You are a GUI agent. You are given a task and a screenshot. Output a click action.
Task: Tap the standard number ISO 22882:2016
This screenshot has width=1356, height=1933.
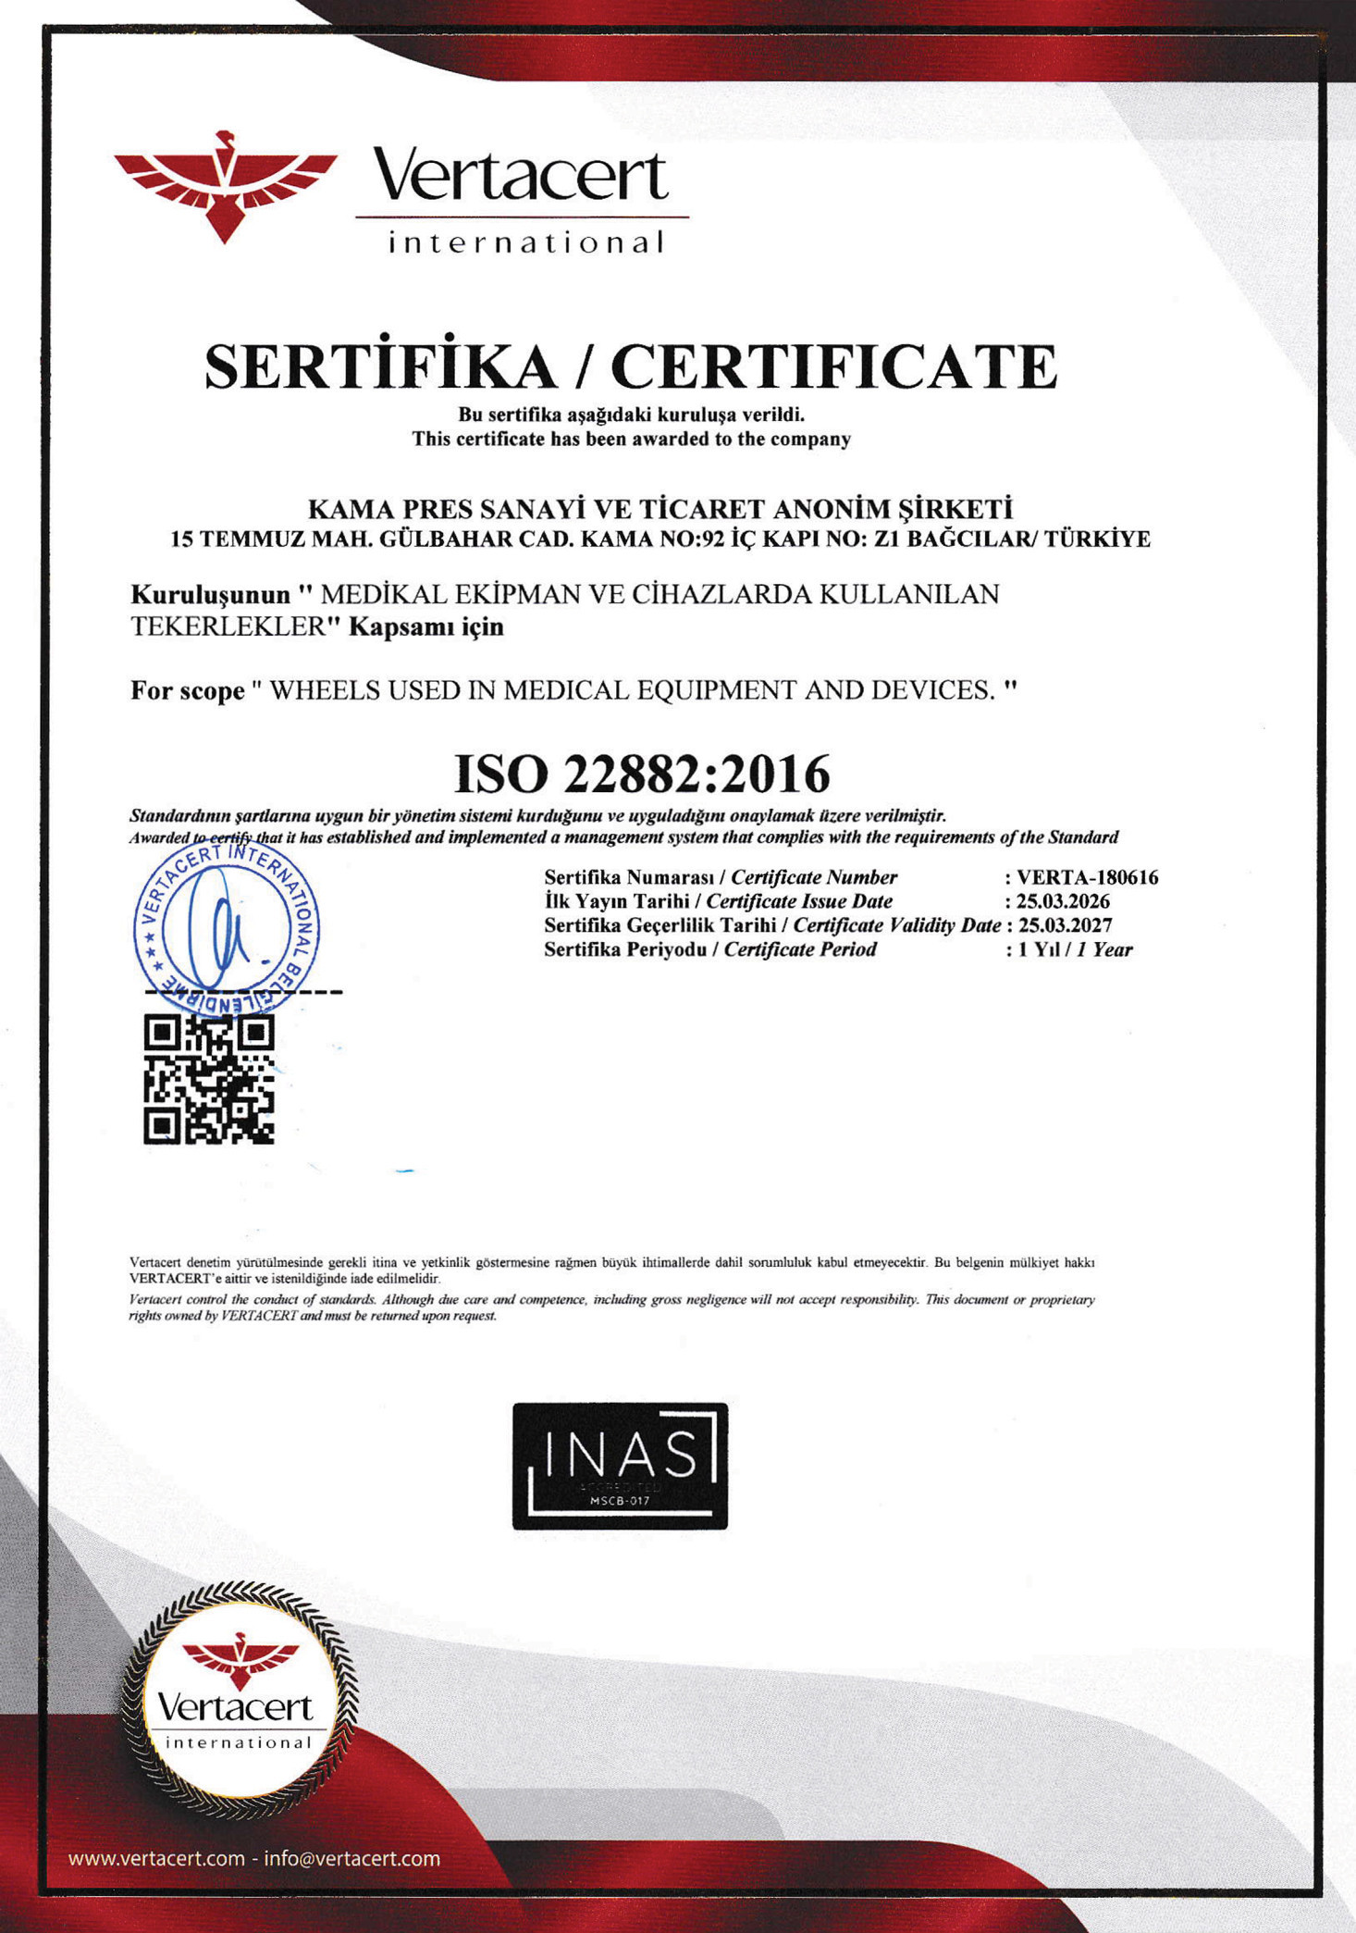[642, 774]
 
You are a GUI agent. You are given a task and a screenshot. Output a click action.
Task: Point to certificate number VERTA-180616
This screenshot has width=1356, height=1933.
[1087, 877]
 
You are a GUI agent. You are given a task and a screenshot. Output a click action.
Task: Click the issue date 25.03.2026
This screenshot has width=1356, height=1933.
[1063, 901]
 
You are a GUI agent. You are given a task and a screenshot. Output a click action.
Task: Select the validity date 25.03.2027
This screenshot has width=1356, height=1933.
[1065, 925]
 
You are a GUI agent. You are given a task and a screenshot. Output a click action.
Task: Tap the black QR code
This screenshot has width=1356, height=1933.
[209, 1079]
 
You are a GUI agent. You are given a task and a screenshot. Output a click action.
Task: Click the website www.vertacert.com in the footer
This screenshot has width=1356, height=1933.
[156, 1858]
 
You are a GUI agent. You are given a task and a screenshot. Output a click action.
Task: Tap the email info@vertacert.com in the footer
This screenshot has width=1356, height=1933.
[352, 1858]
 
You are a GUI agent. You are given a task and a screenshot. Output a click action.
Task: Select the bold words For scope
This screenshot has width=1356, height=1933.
[188, 691]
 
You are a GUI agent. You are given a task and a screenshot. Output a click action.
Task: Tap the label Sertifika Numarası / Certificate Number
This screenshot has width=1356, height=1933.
[721, 877]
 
